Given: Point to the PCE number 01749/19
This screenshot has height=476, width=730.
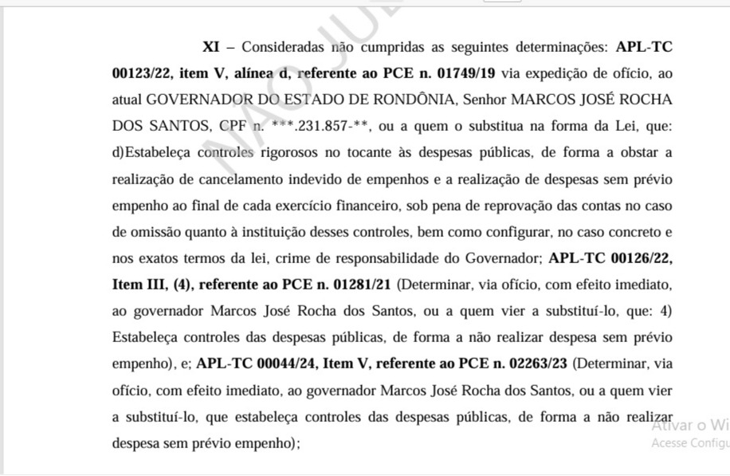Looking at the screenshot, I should pos(461,73).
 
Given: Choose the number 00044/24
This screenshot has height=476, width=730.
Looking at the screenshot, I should pos(284,363).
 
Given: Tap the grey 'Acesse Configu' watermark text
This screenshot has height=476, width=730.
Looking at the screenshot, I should pos(690,443).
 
